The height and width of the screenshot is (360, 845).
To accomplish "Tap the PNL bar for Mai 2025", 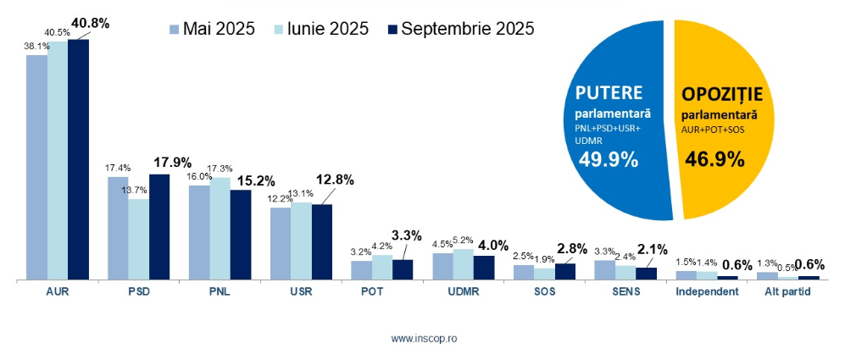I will [199, 232].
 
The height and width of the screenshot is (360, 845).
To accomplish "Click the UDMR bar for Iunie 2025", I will [464, 264].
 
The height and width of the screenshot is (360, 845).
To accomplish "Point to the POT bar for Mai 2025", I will [362, 270].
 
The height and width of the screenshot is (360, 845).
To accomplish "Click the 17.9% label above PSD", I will [171, 163].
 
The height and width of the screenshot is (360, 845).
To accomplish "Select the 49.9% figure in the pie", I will [608, 158].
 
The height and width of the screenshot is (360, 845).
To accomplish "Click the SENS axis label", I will [625, 292].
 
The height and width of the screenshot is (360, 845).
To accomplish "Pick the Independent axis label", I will [706, 292].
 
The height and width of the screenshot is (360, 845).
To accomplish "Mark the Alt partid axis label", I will [788, 292].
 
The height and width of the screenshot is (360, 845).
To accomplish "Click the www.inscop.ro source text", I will [424, 338].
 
